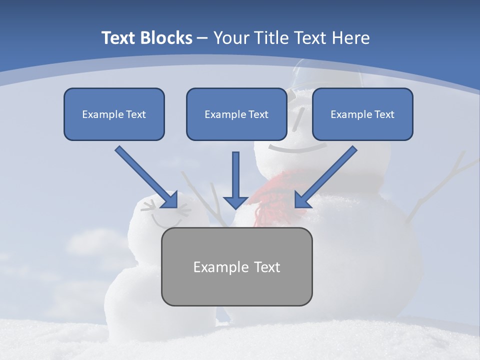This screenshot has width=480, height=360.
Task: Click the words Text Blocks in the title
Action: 146,38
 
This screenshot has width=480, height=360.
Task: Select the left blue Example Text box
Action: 114,114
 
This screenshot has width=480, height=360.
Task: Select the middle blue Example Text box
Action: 236,114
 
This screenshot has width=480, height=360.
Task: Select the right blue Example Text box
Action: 362,114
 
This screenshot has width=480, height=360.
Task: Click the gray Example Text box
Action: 236,266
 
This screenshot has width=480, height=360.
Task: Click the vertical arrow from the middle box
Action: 235,180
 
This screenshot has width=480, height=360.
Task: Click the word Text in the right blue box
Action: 384,114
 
